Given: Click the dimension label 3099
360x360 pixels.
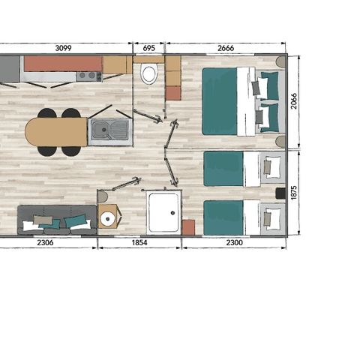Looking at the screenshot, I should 69,48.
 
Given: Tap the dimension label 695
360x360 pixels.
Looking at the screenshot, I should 148,48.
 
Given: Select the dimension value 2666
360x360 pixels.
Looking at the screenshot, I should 226,48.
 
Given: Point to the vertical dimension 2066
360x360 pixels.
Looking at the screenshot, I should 294,101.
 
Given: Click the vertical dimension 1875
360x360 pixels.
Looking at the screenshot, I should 294,193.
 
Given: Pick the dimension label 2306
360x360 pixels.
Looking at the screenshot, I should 47,242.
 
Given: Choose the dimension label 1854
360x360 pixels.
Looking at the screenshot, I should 139,242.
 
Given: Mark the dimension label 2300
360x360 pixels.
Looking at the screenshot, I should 233,242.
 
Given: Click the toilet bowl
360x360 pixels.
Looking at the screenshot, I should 148,74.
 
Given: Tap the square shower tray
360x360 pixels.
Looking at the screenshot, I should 163,211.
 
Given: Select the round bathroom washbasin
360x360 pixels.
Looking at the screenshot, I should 108,219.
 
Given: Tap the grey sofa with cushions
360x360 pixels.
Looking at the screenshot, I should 56,220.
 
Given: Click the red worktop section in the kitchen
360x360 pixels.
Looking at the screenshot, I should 62,63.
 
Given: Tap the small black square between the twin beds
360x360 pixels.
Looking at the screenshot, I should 280,193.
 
